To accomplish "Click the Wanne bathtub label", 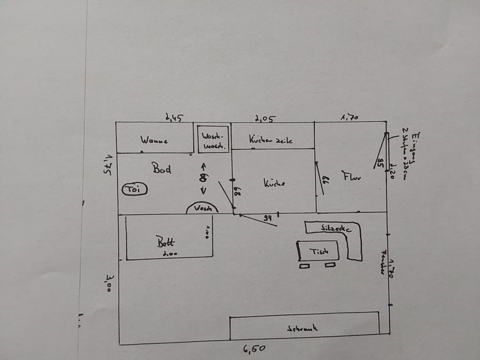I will coord(154,141).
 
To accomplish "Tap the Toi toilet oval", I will coord(133,190).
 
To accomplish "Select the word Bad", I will coord(161,169).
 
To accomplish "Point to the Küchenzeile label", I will coord(271,140).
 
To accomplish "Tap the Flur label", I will coord(352,176).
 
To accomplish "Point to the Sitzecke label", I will coord(332,229).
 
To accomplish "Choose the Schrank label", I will coord(302,328).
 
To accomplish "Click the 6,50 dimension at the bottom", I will coord(254,349).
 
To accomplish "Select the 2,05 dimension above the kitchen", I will coord(265,118).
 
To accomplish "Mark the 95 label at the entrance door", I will coord(380,161).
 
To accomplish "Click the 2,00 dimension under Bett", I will coord(166,255).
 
